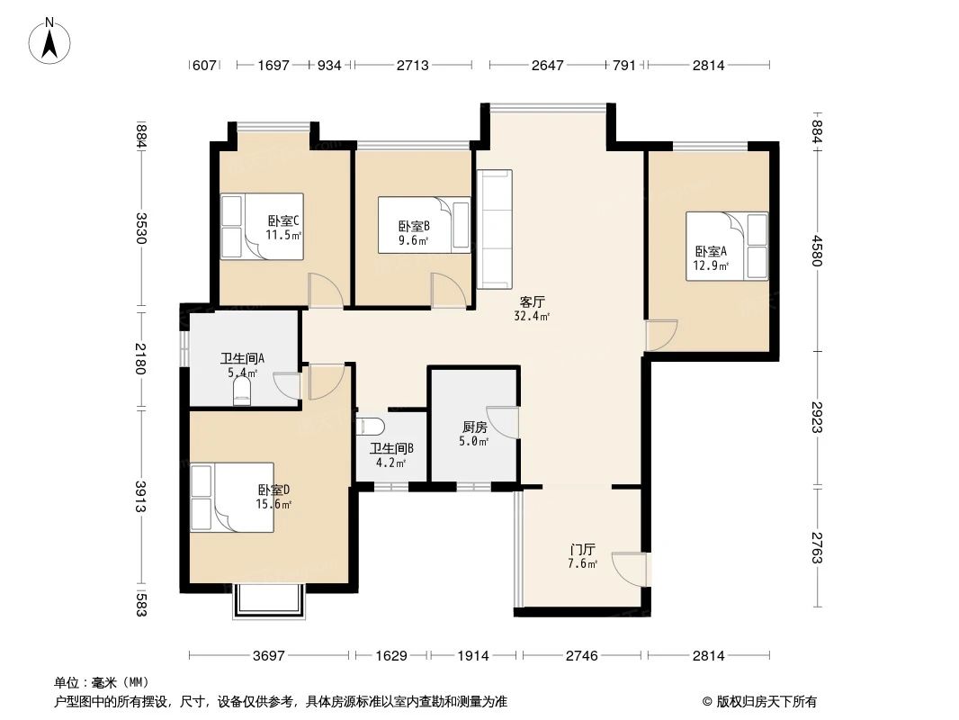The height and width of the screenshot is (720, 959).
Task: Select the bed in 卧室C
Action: pyautogui.click(x=262, y=226)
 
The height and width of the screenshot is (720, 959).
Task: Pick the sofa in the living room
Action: pyautogui.click(x=494, y=229)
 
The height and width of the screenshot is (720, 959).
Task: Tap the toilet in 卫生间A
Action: pyautogui.click(x=241, y=391)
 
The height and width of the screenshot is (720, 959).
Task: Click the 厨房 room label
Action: pyautogui.click(x=474, y=434)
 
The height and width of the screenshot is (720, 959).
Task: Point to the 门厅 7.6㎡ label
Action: pyautogui.click(x=582, y=555)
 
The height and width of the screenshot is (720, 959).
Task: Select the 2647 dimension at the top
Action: pyautogui.click(x=548, y=65)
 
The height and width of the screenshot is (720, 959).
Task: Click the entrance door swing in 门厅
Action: pyautogui.click(x=629, y=569)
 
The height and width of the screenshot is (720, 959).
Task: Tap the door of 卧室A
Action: pyautogui.click(x=661, y=334)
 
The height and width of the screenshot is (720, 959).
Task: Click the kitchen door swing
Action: pyautogui.click(x=504, y=422)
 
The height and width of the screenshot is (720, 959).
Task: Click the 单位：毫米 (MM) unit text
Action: pyautogui.click(x=102, y=682)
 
